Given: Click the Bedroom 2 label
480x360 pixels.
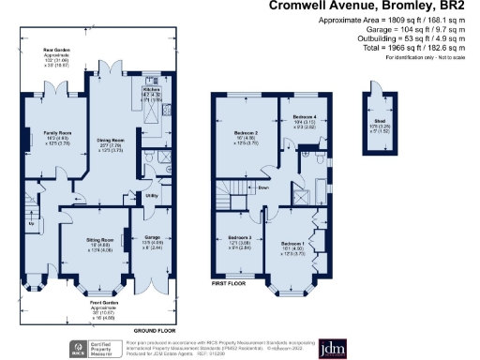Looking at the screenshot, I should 246,133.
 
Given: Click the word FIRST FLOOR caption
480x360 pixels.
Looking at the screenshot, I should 227,281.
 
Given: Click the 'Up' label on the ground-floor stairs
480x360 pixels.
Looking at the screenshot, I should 32,226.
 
